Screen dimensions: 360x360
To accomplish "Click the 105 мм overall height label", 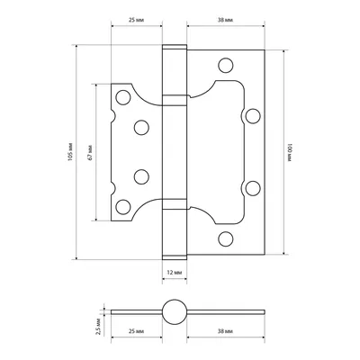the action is (70, 152).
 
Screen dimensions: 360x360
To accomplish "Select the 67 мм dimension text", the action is (90, 152).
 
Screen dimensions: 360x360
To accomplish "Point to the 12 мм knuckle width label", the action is (175, 273).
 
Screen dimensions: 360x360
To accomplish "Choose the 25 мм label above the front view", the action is (136, 20).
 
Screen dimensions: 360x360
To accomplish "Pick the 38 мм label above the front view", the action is (225, 20).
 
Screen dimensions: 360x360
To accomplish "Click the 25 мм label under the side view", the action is (136, 331).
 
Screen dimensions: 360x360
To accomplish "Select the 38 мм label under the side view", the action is (225, 331).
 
